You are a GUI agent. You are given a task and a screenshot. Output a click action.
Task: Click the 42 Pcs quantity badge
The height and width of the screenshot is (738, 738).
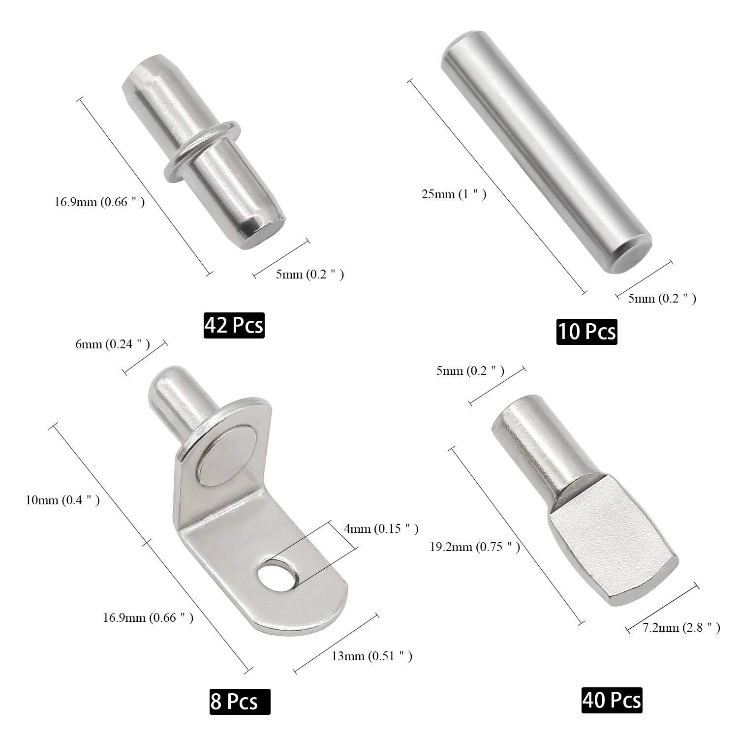pos(234,325)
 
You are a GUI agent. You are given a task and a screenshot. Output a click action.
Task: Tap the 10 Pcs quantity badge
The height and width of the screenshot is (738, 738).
pos(586,331)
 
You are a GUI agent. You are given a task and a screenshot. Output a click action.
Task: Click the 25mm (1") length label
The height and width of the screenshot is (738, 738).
pos(454,194)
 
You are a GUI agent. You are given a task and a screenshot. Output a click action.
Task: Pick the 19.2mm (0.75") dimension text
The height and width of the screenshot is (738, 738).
pos(475,547)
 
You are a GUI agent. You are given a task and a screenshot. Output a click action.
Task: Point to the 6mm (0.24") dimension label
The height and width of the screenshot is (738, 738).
pos(112,344)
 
